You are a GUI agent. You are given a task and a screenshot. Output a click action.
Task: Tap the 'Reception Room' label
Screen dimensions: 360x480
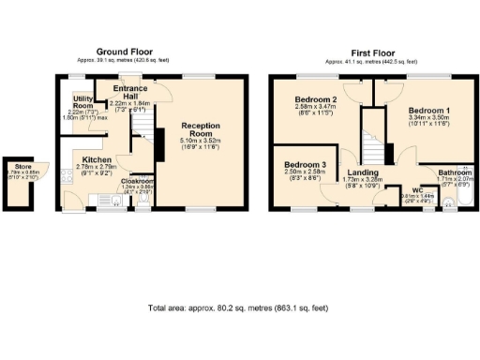201,126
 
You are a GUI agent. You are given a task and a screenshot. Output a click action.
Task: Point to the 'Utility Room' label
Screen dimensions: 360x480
82,101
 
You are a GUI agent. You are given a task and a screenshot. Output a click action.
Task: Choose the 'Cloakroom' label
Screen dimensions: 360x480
137,181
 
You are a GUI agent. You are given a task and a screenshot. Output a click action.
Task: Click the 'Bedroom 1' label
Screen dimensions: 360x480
428,111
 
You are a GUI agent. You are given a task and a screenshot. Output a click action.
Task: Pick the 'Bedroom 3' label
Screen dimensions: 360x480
305,164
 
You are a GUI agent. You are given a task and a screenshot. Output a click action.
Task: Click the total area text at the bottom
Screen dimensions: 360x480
239,307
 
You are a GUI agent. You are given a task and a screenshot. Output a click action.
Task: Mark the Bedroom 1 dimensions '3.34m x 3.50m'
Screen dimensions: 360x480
428,120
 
